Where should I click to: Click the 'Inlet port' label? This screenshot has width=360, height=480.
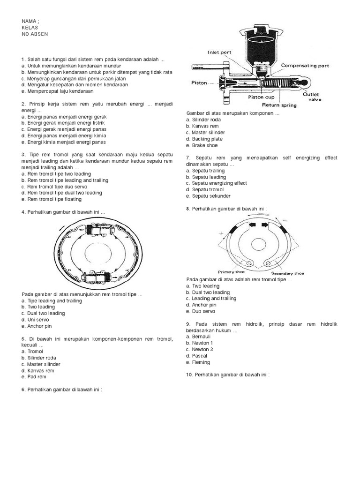[x=220, y=52]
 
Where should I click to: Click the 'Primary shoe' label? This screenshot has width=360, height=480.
[x=232, y=271]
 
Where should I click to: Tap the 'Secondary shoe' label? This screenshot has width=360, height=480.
[x=287, y=273]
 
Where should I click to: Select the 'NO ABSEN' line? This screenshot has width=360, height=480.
[x=35, y=34]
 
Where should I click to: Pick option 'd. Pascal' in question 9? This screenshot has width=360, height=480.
[x=197, y=356]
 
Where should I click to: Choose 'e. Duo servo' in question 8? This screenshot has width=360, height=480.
[x=201, y=311]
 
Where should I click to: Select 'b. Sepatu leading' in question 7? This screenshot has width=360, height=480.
[x=206, y=177]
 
